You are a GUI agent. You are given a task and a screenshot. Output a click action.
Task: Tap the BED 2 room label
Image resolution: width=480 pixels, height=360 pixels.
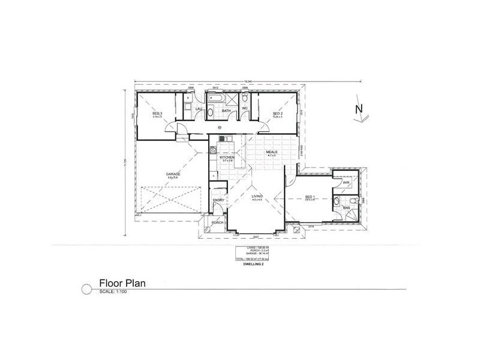click(x=277, y=113)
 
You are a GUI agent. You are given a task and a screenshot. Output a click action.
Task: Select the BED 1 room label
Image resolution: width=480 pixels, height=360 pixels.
click(x=310, y=197)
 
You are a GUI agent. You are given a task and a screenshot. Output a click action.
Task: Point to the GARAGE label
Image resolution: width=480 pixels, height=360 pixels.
click(x=173, y=174)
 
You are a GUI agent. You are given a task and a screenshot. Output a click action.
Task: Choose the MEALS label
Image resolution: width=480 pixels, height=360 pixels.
click(x=274, y=152)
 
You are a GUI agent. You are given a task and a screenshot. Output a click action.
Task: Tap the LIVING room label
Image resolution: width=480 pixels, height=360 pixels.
click(x=257, y=196)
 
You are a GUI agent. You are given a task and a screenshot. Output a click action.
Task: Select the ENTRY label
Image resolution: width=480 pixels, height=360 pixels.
click(x=218, y=200)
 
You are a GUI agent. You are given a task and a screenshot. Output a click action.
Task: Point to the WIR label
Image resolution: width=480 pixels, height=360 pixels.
click(x=346, y=182)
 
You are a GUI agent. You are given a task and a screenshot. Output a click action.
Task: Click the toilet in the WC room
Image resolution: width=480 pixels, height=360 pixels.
click(x=245, y=98)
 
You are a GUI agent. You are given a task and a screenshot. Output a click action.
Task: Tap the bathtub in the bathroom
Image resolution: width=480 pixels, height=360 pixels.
click(x=215, y=97)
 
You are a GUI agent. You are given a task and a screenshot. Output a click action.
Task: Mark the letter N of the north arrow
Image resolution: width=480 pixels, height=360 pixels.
click(x=359, y=109)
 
